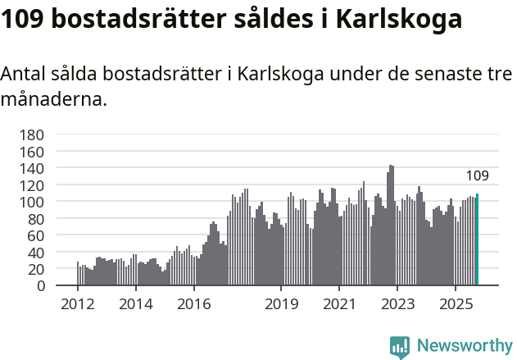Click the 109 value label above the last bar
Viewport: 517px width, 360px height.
(x=477, y=175)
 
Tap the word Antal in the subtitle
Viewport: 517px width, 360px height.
(x=24, y=74)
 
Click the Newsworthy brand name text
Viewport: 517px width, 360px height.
(x=465, y=346)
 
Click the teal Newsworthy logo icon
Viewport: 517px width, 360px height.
(x=400, y=347)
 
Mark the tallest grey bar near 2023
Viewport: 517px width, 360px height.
(x=391, y=226)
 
